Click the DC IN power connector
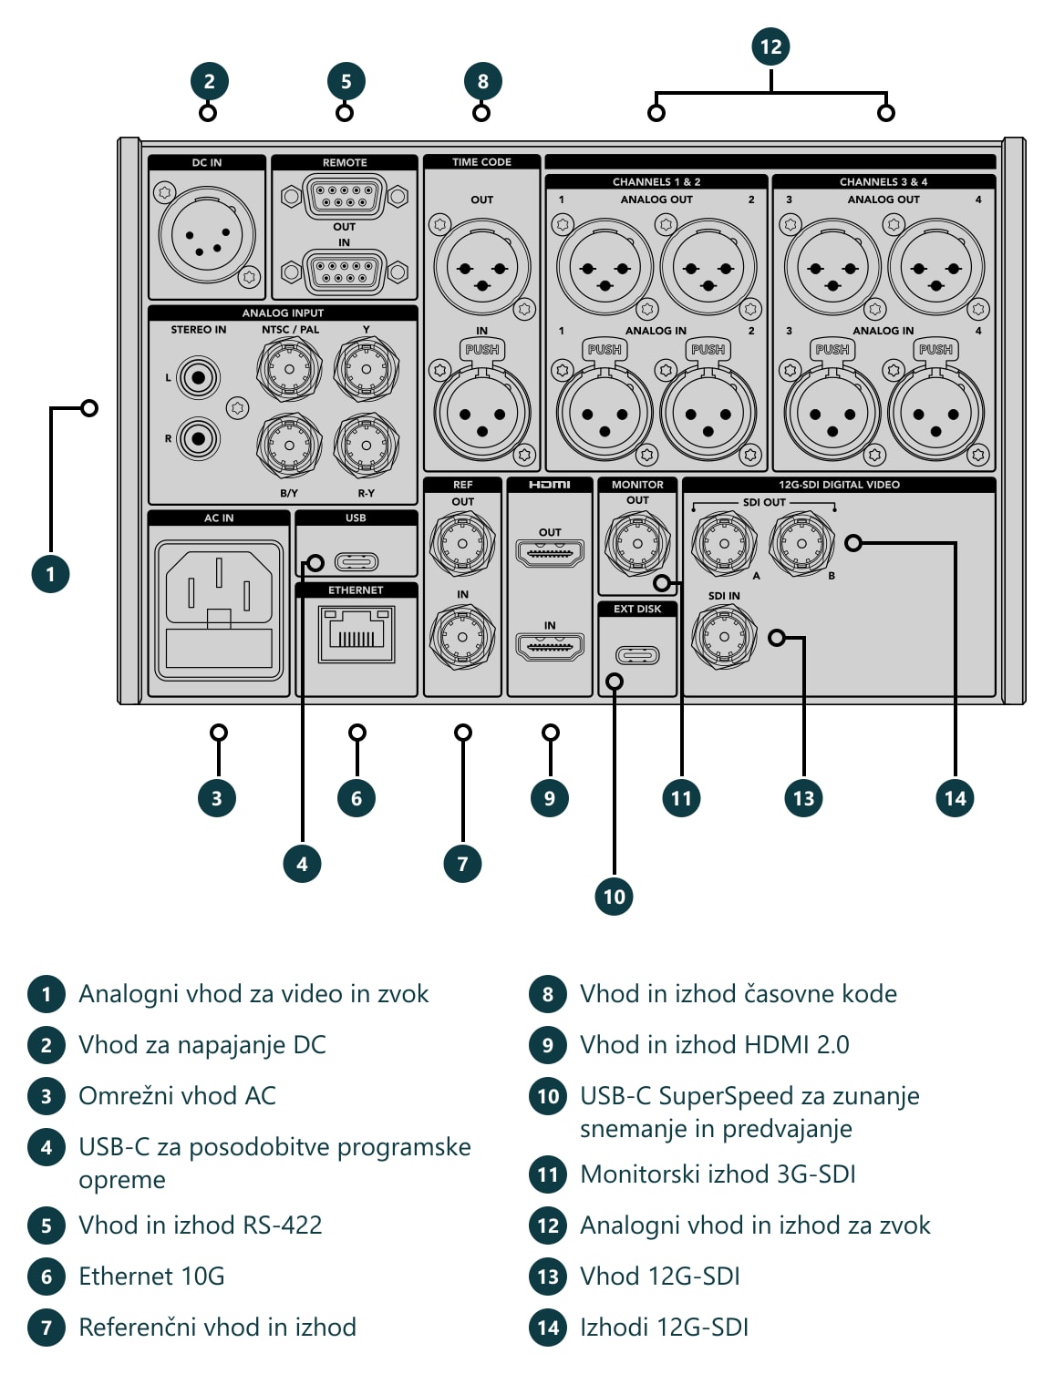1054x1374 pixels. tap(206, 235)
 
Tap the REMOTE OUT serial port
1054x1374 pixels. tap(344, 196)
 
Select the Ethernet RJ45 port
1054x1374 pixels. tap(356, 634)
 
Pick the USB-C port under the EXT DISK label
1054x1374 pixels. tap(637, 655)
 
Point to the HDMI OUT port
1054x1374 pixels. tap(549, 553)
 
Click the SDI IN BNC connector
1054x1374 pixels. tap(724, 637)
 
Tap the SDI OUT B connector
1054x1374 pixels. tap(801, 544)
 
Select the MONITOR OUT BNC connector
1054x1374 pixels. tap(637, 544)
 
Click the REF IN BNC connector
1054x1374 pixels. tap(462, 637)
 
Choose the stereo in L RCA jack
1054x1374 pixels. tap(198, 378)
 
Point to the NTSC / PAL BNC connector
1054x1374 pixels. tap(289, 369)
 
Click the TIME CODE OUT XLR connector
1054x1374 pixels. tap(482, 267)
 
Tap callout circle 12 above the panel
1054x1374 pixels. tap(770, 46)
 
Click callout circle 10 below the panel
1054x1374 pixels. tap(614, 896)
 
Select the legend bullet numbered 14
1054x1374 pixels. tap(548, 1327)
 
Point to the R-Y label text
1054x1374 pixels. tap(367, 493)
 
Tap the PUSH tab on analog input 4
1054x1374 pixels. tap(935, 350)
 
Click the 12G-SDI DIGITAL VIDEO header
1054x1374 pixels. tap(839, 485)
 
